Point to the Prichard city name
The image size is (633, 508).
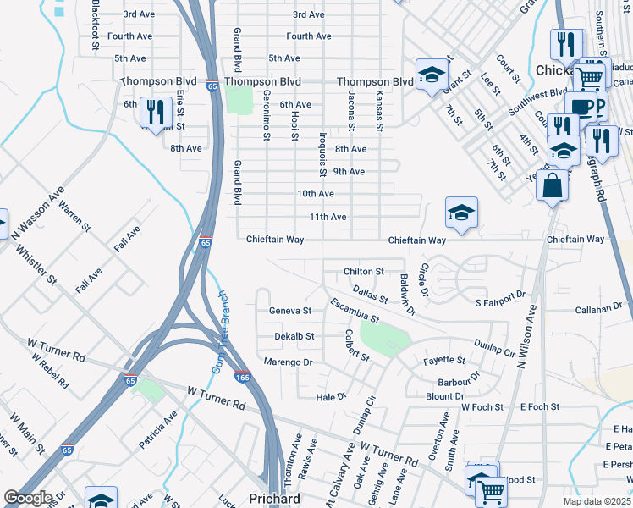click(x=273, y=500)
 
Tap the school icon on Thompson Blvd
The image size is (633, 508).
click(x=431, y=75)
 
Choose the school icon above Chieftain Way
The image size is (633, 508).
click(x=461, y=213)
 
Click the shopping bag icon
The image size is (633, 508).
click(x=552, y=185)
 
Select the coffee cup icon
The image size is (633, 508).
click(x=581, y=107)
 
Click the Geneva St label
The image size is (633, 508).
click(x=290, y=311)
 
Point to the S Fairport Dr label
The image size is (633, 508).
click(x=500, y=302)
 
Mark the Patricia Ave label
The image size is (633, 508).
click(x=158, y=429)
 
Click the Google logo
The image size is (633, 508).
click(x=28, y=497)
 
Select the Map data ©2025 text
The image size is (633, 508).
click(x=596, y=501)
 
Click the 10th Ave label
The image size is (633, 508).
click(x=315, y=194)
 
